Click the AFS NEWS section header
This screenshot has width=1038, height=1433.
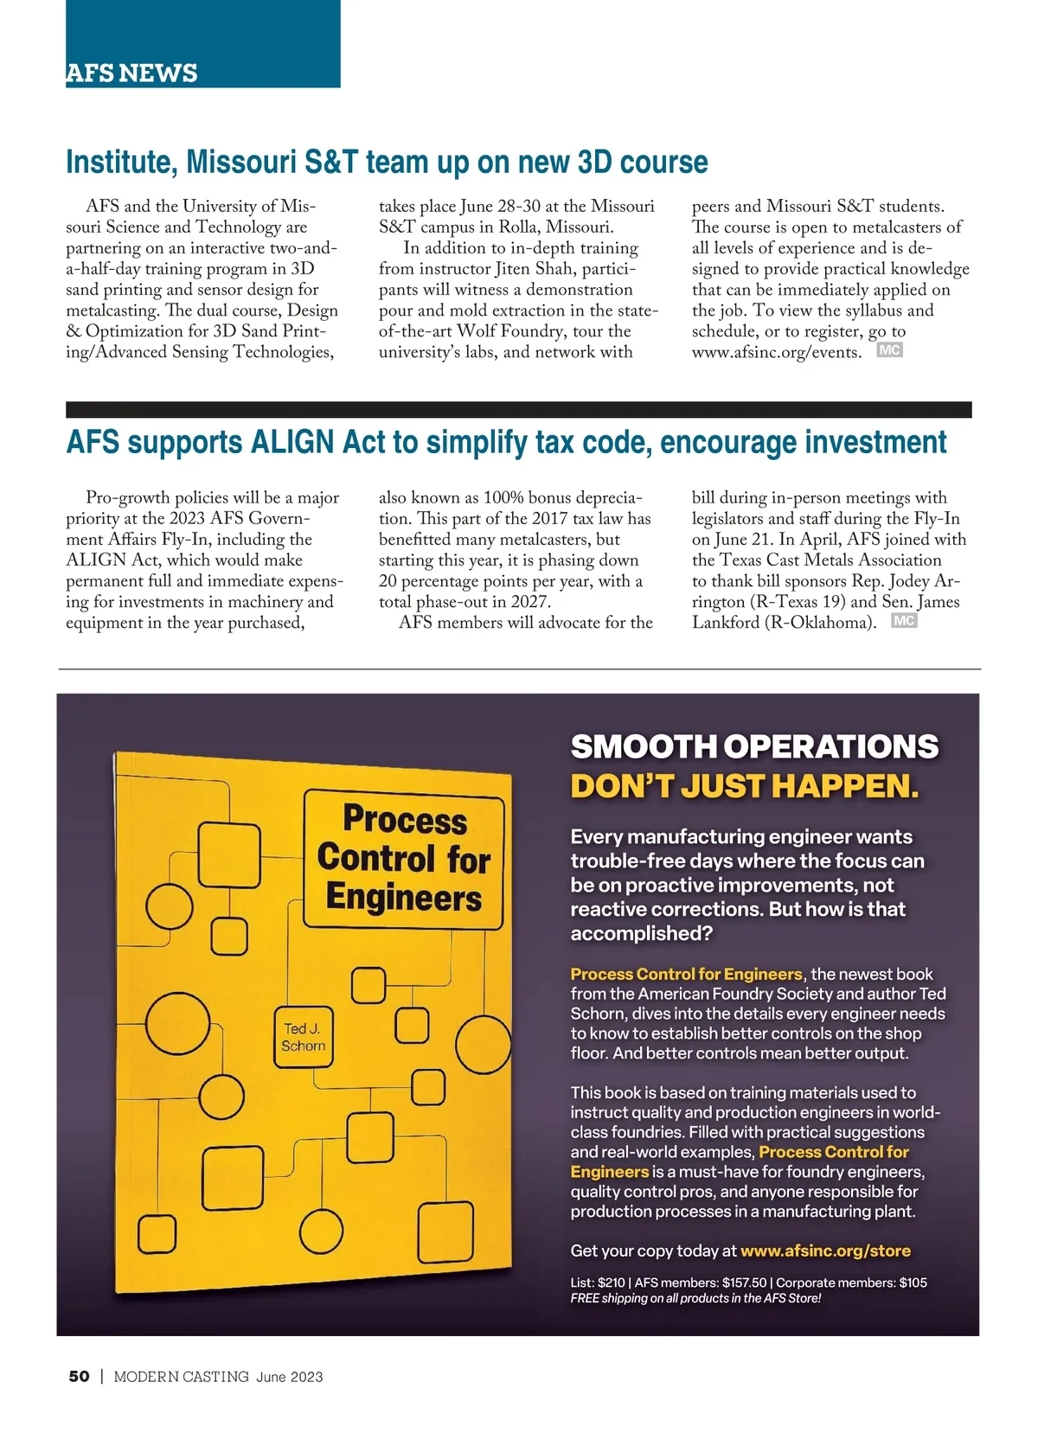tap(131, 73)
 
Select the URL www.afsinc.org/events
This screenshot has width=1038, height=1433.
tap(776, 353)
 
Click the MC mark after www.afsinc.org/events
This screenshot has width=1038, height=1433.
tap(889, 350)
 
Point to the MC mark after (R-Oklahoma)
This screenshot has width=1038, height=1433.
tap(903, 621)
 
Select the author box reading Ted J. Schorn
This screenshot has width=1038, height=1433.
tap(303, 1037)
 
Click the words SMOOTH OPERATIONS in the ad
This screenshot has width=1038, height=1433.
tap(754, 746)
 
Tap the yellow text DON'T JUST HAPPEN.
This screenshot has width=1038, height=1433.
tap(744, 787)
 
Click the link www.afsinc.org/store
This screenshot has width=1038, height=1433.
tap(825, 1251)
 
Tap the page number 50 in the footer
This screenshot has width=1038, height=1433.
tap(79, 1377)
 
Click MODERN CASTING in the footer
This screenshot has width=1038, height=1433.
tap(181, 1377)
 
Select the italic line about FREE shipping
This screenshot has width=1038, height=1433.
tap(695, 1298)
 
